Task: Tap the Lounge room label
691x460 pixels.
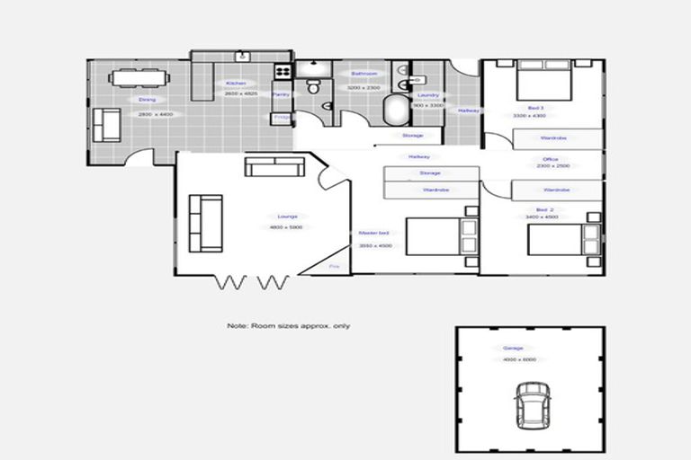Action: tap(287, 217)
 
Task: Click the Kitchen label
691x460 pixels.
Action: tap(236, 84)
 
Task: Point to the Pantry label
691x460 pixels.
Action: tap(280, 93)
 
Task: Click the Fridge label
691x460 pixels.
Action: tap(282, 117)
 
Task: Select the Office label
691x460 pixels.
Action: tap(551, 159)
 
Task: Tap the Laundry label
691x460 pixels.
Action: tap(428, 94)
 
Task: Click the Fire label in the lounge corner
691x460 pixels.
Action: tap(333, 267)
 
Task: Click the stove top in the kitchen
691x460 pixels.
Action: tap(283, 70)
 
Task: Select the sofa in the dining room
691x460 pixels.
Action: tap(107, 125)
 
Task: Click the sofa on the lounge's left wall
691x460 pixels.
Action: tap(204, 223)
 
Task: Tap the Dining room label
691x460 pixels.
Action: tap(148, 100)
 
